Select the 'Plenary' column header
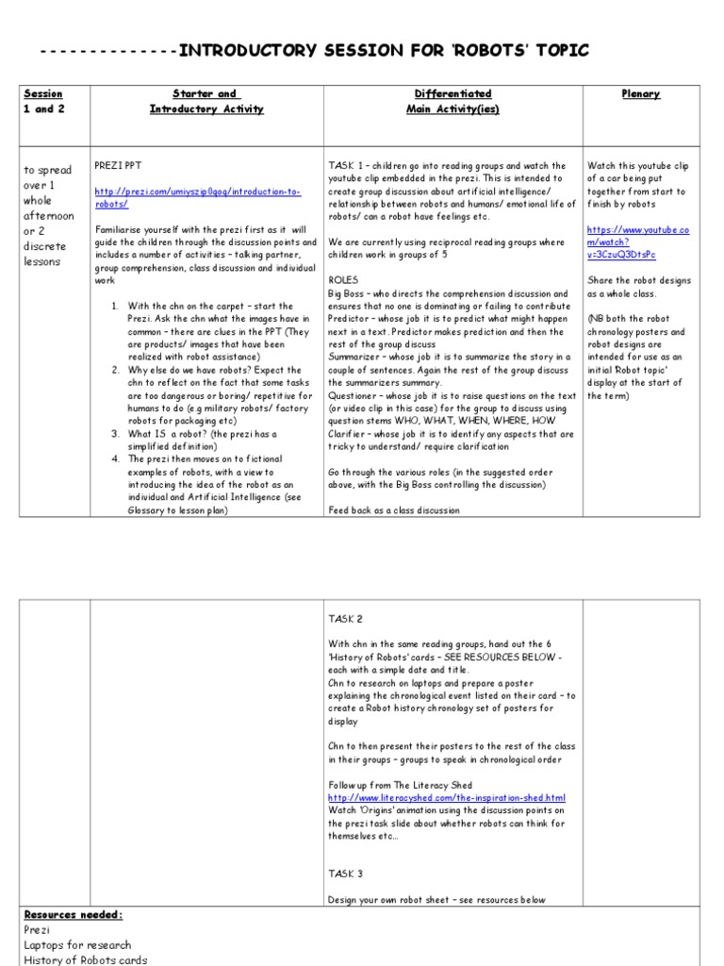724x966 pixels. point(640,94)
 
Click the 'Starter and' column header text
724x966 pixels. point(206,94)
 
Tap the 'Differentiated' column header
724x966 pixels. point(452,94)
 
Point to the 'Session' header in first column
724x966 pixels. point(43,94)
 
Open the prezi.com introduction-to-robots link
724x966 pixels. point(197,197)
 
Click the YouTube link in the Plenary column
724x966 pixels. point(638,242)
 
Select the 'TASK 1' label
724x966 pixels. point(346,166)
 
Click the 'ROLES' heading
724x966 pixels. point(343,281)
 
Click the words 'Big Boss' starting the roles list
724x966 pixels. point(350,294)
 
